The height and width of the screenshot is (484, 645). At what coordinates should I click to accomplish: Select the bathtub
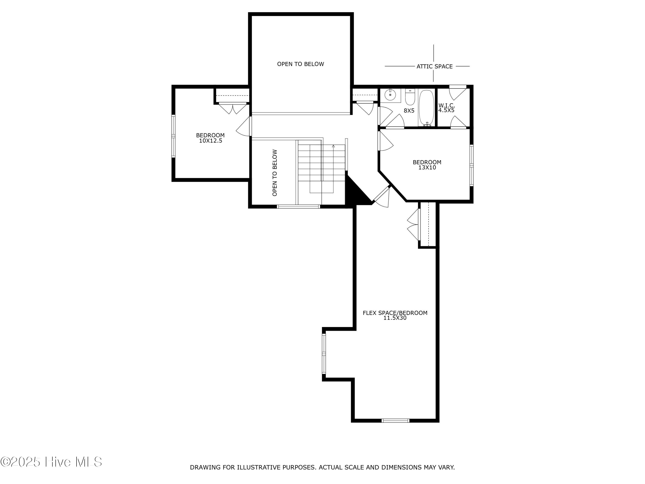pos(427,108)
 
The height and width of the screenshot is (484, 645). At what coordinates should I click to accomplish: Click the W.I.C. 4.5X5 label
pos(446,108)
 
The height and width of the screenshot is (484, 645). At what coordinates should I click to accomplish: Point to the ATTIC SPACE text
pos(435,66)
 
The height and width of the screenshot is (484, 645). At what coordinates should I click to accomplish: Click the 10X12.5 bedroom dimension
pos(210,141)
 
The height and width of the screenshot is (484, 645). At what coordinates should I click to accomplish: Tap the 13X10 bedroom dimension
pos(427,167)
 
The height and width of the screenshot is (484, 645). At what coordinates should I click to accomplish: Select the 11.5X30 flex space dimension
pos(395,318)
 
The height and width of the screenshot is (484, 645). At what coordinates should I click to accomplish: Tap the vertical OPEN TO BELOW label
pos(275,173)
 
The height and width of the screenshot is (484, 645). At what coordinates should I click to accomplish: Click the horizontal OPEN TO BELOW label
pos(300,64)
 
